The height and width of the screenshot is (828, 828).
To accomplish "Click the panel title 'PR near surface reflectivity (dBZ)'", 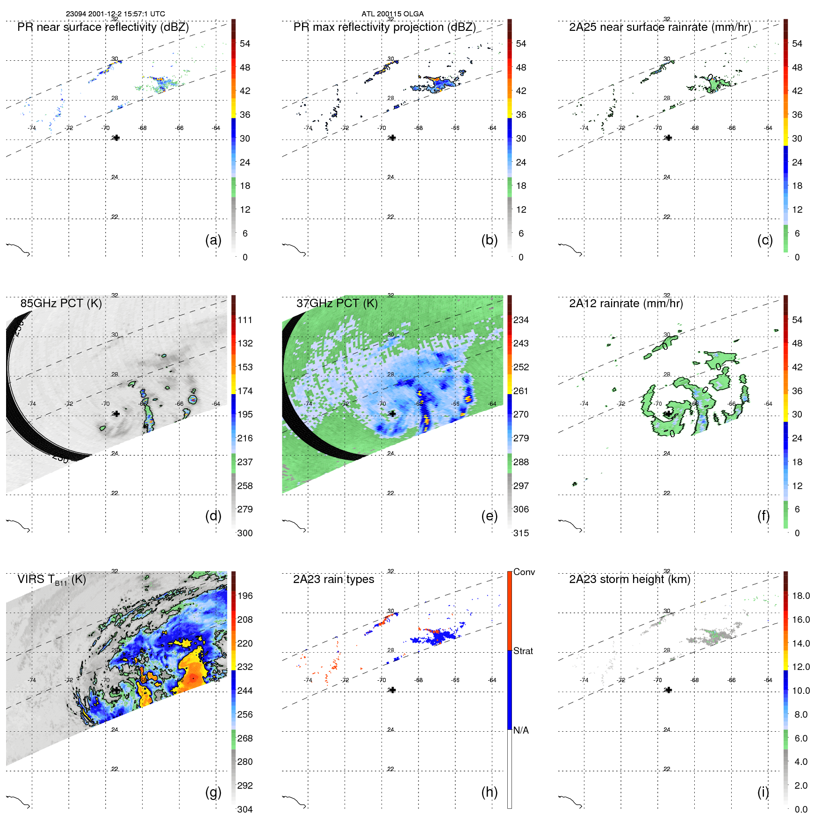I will tap(103, 27).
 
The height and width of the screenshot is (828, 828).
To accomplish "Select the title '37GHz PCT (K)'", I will tap(337, 303).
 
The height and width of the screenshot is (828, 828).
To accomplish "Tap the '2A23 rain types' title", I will tap(333, 579).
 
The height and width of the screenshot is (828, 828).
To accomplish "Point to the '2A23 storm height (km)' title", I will tap(629, 579).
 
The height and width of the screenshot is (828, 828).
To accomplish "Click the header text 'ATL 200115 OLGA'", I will tap(392, 14).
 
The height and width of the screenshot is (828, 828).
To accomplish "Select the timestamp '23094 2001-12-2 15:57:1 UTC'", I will tap(115, 14).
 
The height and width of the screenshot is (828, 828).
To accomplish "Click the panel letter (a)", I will tap(213, 240).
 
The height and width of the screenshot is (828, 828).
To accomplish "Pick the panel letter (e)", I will tap(489, 516).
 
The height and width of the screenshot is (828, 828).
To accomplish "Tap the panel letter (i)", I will tap(763, 792).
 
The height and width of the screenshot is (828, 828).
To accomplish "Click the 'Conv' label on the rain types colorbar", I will tap(524, 572).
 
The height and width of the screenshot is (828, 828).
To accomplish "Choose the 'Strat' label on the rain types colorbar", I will tap(523, 651).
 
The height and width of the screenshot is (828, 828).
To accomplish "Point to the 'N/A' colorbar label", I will tap(521, 730).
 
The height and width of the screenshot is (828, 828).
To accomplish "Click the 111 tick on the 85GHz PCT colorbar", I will tap(245, 320).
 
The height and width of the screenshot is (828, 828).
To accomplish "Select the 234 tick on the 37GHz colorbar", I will tap(521, 320).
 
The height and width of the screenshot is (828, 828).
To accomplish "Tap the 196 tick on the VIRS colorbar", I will tap(245, 596).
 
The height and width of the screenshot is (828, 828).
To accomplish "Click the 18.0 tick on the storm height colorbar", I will tap(800, 596).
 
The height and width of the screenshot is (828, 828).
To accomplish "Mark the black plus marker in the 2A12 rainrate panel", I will tap(669, 414).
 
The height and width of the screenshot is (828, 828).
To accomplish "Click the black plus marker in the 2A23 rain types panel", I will tap(393, 690).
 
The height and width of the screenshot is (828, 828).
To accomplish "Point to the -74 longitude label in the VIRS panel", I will tap(32, 680).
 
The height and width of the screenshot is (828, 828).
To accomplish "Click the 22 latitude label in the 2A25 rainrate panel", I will tap(667, 217).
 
